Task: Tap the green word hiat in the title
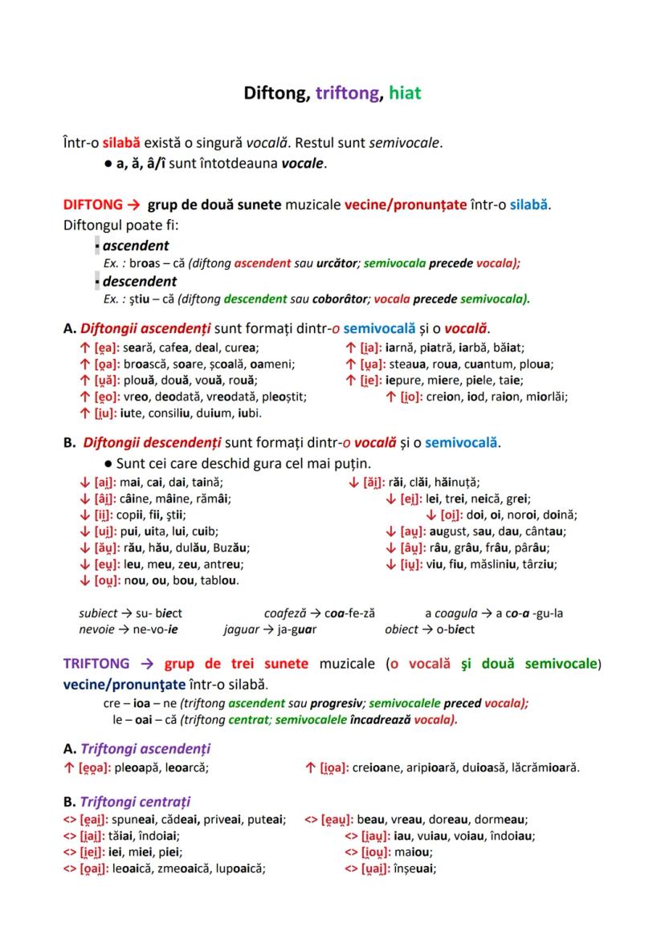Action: [x=405, y=93]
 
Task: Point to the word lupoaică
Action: [x=239, y=868]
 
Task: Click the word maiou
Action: [x=414, y=852]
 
